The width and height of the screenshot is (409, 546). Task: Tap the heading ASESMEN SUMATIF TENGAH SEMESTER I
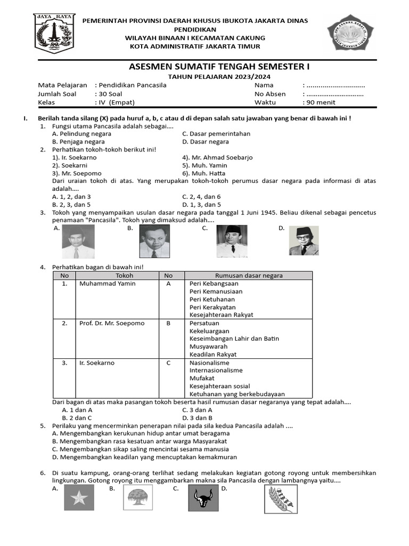point(219,67)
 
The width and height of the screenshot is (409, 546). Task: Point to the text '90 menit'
point(320,102)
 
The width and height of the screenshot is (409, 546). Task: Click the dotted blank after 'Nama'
point(336,85)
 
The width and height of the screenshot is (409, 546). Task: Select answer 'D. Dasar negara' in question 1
point(206,142)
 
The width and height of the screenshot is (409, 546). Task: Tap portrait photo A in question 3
point(78,241)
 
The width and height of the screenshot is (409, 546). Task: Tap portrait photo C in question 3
point(232,241)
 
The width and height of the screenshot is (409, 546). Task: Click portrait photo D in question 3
point(304,241)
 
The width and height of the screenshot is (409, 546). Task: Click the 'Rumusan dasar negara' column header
point(249,276)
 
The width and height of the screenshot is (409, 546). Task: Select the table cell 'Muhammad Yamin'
point(107,284)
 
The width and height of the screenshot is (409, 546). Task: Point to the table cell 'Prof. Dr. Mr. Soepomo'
point(112,323)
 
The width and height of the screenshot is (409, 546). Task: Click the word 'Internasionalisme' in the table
point(216,370)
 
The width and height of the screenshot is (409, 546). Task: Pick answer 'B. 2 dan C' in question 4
point(77,418)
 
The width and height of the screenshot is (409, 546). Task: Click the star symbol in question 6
point(79,500)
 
